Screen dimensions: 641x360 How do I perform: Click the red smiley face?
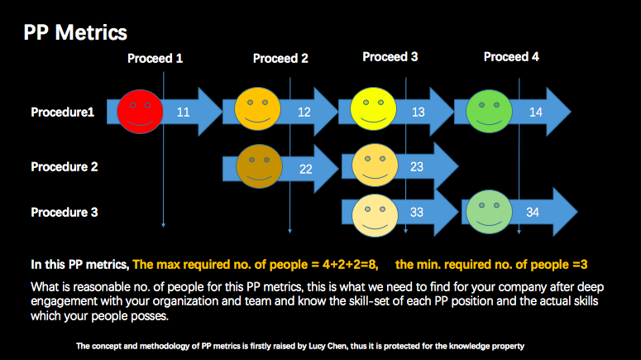(x=140, y=112)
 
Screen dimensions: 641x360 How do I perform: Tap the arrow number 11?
(x=183, y=112)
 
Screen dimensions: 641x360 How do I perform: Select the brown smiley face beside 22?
(x=259, y=166)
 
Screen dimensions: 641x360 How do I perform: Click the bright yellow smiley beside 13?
(x=373, y=108)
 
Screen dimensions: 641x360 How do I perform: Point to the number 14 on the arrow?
(x=535, y=112)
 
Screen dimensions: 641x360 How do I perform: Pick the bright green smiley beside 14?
(x=489, y=111)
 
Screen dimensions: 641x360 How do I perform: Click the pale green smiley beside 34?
(x=489, y=212)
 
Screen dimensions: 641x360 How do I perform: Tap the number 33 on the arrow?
(x=417, y=213)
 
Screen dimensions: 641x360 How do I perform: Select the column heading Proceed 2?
(x=280, y=59)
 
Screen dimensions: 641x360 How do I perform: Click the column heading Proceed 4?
(x=511, y=57)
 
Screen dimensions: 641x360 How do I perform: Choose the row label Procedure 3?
(x=65, y=213)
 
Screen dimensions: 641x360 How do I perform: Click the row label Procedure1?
(x=63, y=112)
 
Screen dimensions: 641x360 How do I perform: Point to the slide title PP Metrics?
(x=75, y=32)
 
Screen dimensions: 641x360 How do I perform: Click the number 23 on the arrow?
(x=417, y=167)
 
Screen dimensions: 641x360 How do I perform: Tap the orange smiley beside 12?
(x=257, y=108)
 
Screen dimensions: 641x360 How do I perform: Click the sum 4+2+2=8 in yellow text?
(x=350, y=265)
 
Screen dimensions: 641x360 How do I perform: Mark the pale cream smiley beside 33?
(x=375, y=215)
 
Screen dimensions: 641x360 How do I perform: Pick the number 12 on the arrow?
(x=304, y=112)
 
